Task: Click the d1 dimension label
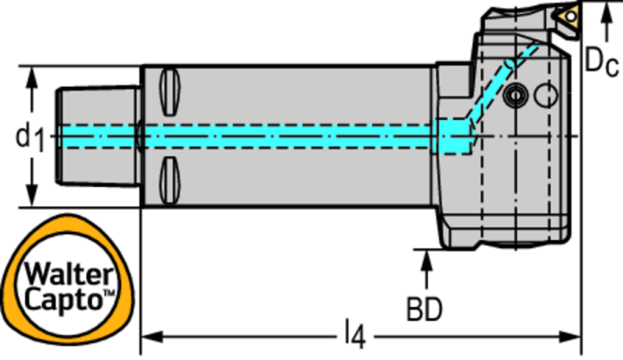(x=30, y=137)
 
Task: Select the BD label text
(x=424, y=309)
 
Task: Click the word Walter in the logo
(x=69, y=274)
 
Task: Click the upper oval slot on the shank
(x=170, y=92)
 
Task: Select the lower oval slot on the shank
(x=170, y=181)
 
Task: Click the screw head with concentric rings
(x=515, y=96)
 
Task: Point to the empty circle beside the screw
(x=546, y=96)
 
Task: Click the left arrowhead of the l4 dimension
(x=152, y=337)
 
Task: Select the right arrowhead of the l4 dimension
(x=570, y=337)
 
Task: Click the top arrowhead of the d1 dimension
(x=32, y=77)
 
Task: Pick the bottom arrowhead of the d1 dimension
(x=32, y=196)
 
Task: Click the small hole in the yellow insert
(x=571, y=16)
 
